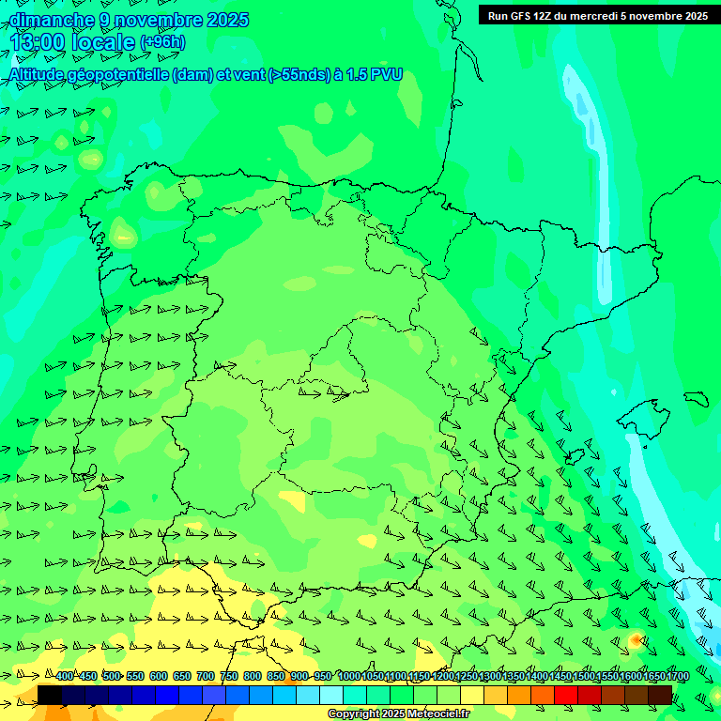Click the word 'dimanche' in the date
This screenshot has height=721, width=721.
pos(52,20)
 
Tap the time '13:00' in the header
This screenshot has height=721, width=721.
pos(38,42)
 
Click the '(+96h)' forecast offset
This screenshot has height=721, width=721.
pos(162,42)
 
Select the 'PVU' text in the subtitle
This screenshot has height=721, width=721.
pos(387,74)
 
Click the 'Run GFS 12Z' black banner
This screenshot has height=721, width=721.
pos(597,15)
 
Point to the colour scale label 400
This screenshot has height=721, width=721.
pos(64,676)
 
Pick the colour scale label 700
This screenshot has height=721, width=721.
pos(206,676)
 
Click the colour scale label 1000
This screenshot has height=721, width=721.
pos(349,676)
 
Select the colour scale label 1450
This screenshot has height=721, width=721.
pos(560,676)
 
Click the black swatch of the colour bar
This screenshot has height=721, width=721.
pos(50,695)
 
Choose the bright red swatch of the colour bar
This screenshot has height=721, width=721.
pos(566,695)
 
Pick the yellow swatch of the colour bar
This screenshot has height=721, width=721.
pos(472,695)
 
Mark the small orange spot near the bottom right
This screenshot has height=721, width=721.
pos(636,639)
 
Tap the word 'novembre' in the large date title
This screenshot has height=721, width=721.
pos(159,20)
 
